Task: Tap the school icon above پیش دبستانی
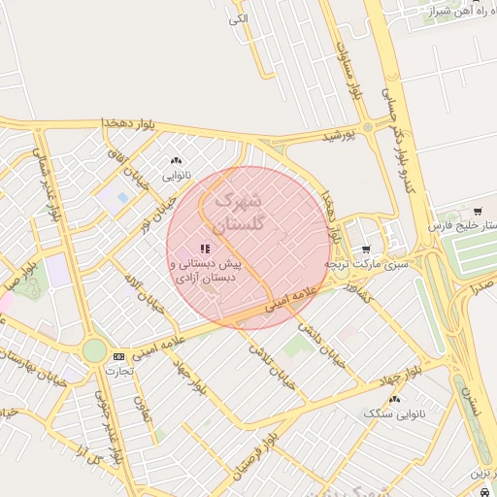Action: click(x=204, y=249)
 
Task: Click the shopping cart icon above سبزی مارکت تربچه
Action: click(x=365, y=249)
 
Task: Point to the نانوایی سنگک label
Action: click(x=394, y=414)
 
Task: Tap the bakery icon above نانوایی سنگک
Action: click(x=394, y=399)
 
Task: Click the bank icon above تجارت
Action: click(x=118, y=356)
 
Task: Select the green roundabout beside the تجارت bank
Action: click(x=94, y=350)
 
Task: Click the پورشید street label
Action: click(x=339, y=137)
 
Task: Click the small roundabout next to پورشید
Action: click(x=368, y=127)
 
